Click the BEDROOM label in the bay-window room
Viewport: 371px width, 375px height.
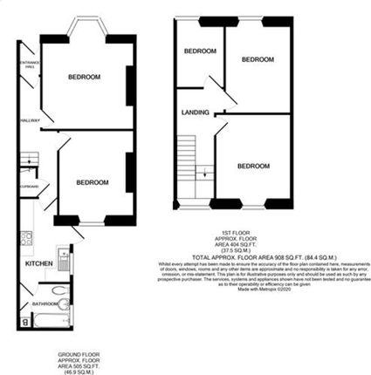[x=84, y=77]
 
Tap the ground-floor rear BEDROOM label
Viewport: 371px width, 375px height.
[x=92, y=182]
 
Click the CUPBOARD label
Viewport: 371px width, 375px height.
[x=29, y=185]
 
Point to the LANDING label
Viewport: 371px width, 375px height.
[x=195, y=112]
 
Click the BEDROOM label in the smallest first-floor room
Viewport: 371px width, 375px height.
[x=199, y=51]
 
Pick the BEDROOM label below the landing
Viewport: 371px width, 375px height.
[x=252, y=166]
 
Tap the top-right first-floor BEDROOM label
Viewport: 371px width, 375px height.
[x=258, y=59]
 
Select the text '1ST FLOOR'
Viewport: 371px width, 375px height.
[x=251, y=232]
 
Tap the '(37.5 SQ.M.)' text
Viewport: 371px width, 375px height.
[x=251, y=251]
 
